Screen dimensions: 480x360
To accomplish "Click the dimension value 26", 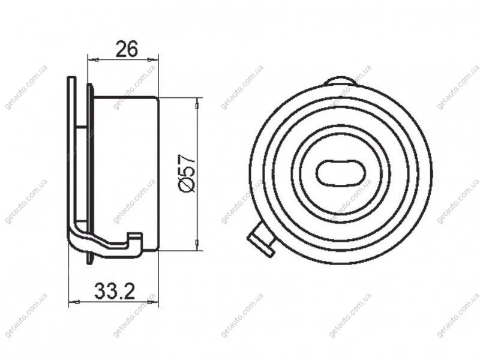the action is point(127,49).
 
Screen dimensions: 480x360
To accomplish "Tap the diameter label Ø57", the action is point(186,173).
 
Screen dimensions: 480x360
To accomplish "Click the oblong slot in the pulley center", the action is point(340,173).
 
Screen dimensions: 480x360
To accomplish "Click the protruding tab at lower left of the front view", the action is point(261,239).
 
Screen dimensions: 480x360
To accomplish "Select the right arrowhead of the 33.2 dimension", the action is point(154,302).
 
